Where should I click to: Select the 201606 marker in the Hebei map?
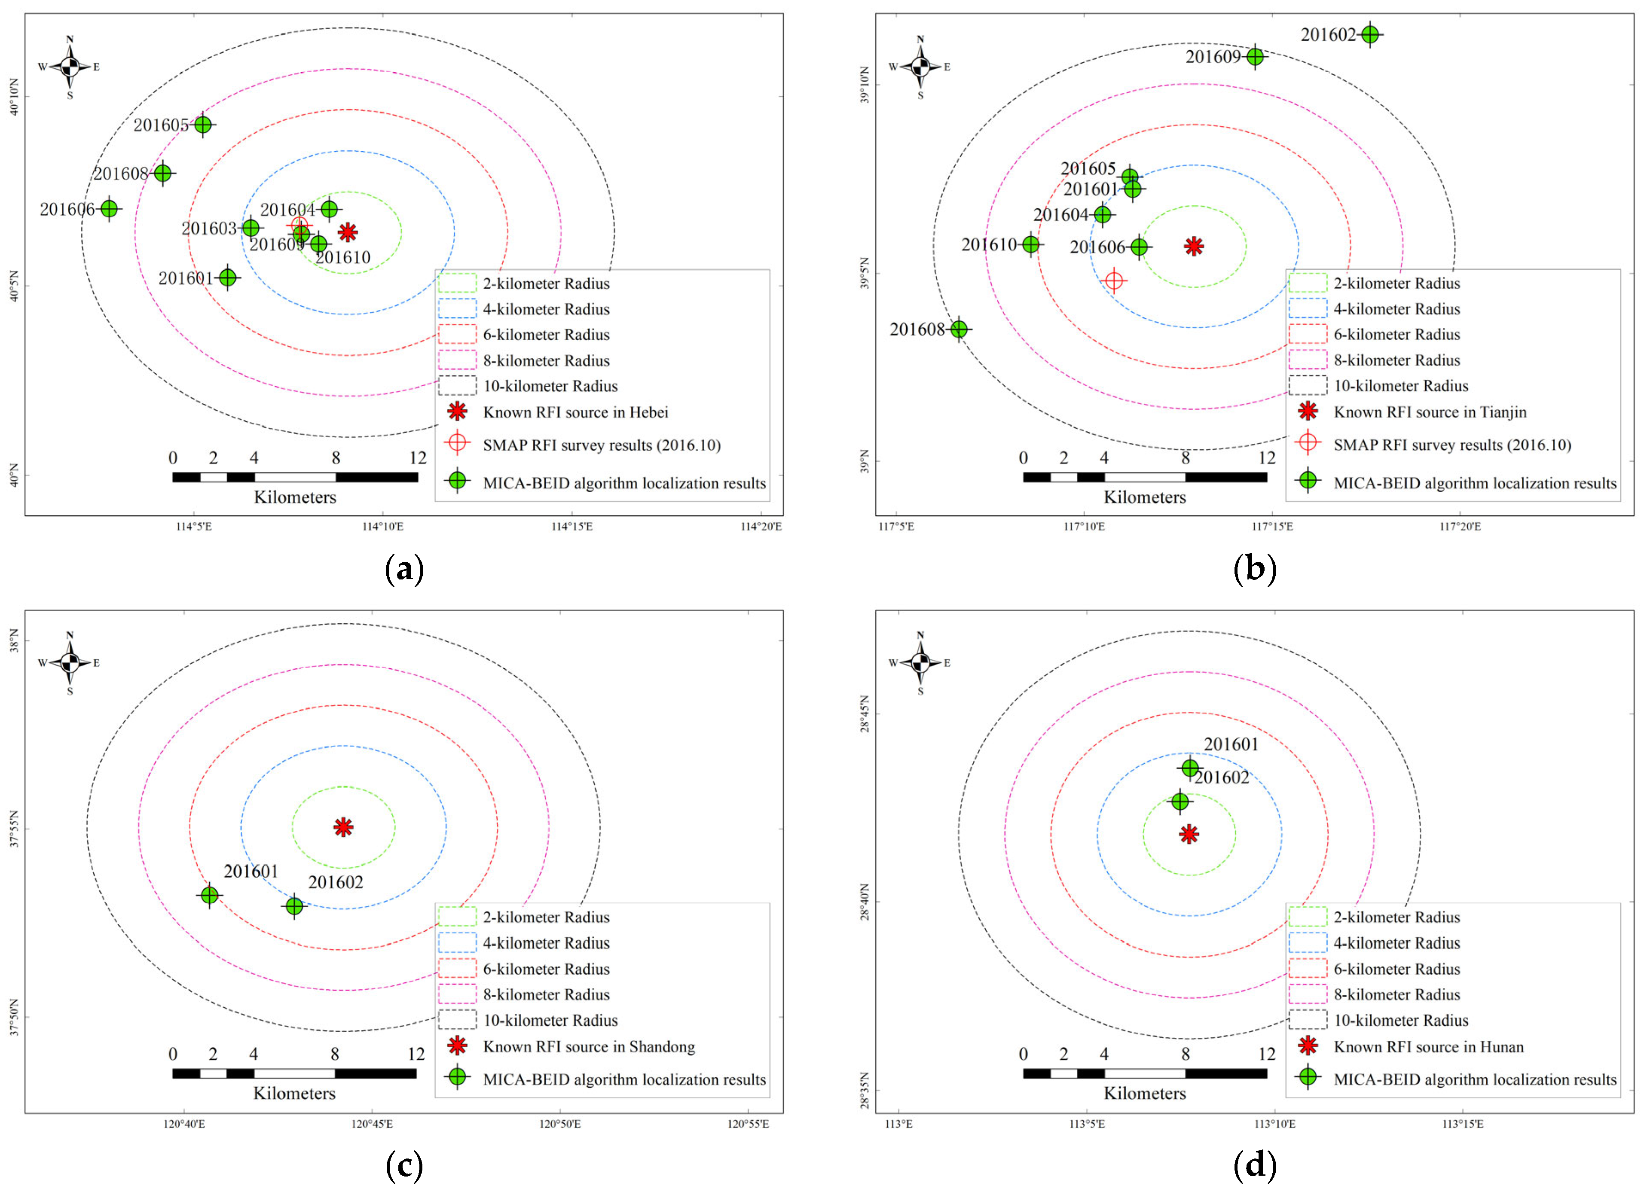(109, 209)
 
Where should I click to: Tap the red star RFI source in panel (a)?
(348, 232)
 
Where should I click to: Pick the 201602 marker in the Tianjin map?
(1369, 34)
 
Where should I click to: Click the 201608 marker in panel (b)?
(959, 329)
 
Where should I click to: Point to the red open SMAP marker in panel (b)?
(1114, 280)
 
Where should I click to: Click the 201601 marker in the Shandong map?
(210, 896)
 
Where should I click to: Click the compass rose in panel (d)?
(920, 662)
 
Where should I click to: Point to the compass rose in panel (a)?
(70, 67)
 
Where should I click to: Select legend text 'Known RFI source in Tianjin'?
(1430, 412)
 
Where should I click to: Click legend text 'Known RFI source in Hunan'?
(1428, 1047)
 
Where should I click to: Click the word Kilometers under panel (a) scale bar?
(295, 497)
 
